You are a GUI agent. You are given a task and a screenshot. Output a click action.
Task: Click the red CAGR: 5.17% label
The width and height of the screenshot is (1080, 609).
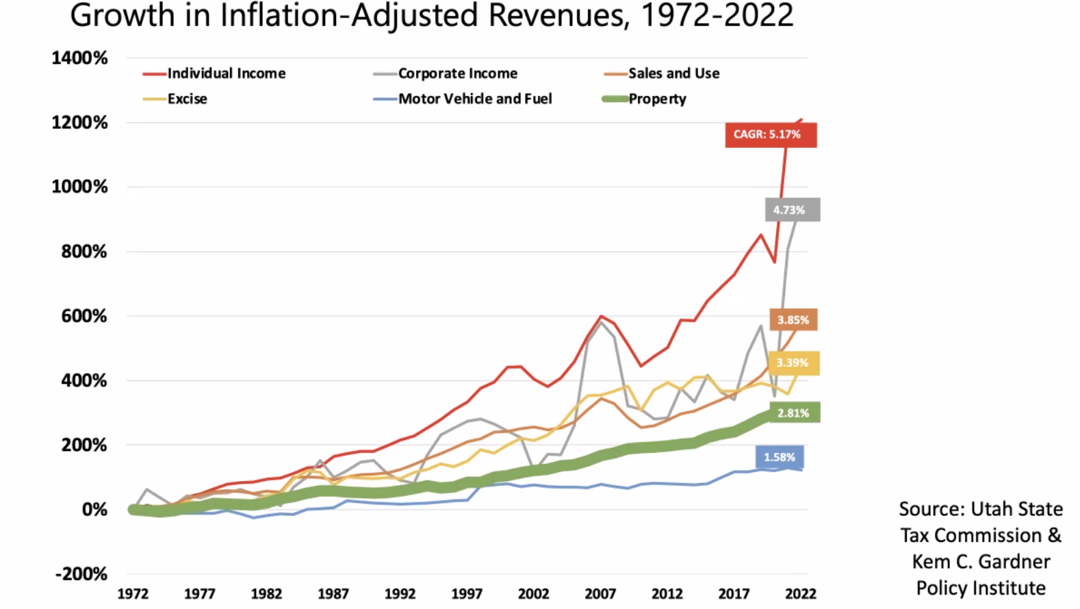tap(771, 135)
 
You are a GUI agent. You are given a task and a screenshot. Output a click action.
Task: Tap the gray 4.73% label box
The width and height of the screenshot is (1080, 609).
tap(792, 210)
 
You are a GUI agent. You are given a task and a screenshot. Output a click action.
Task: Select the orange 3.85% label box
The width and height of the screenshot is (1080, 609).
tap(793, 320)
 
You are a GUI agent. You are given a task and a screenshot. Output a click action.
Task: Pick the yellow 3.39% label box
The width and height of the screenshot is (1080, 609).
tap(793, 363)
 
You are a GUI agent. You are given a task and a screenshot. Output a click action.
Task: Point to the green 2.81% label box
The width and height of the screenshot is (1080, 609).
tap(794, 413)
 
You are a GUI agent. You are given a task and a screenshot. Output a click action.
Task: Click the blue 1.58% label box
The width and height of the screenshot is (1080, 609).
tap(780, 457)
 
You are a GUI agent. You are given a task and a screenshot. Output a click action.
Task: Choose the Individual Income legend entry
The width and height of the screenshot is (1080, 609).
tap(226, 73)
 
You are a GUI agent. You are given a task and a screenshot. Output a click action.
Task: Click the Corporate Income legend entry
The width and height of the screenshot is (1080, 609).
tap(457, 73)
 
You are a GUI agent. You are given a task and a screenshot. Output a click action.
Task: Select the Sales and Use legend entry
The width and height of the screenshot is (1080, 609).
tap(673, 73)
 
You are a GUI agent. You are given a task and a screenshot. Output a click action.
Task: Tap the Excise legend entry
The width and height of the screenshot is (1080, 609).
tap(187, 99)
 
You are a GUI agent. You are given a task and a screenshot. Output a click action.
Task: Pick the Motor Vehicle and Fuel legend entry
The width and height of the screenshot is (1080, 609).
tap(474, 99)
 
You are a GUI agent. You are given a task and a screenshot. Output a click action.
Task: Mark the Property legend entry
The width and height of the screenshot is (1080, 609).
tap(657, 99)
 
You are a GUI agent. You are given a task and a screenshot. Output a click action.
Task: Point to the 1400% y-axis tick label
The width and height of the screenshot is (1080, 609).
tap(79, 58)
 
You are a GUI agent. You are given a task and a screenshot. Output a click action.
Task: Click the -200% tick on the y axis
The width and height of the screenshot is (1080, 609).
tap(81, 573)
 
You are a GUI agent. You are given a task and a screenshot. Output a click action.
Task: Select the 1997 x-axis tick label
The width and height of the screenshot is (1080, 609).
tap(467, 594)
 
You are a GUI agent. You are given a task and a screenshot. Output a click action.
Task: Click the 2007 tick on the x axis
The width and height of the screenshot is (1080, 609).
tap(600, 594)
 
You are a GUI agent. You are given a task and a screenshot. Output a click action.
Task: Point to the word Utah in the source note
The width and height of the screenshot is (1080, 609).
tap(993, 509)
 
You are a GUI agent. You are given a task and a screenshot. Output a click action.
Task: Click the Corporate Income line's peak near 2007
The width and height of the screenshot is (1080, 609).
tap(601, 322)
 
